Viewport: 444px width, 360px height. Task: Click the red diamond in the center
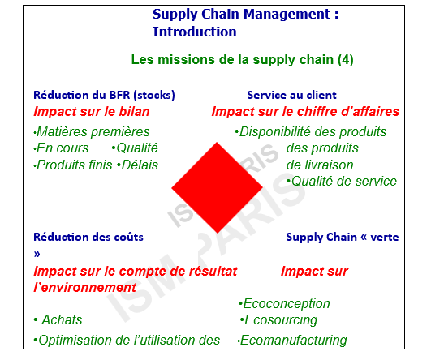[x=218, y=187]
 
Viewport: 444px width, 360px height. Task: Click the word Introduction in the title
[x=195, y=32]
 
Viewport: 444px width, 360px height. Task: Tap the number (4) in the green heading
[x=346, y=60]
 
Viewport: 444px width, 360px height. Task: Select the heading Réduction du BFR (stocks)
[x=104, y=96]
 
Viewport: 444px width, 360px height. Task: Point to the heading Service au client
[x=291, y=95]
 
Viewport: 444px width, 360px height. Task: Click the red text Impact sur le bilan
[x=92, y=111]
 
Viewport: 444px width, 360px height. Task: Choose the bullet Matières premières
[x=92, y=132]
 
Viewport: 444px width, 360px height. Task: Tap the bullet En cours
[x=61, y=148]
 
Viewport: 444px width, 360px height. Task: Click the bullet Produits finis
[x=73, y=165]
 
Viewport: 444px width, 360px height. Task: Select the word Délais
[x=140, y=165]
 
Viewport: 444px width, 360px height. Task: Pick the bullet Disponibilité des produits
[x=311, y=132]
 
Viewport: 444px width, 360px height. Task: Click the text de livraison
[x=320, y=165]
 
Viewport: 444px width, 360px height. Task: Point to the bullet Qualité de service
[x=342, y=182]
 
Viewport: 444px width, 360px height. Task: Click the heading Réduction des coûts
[x=88, y=237]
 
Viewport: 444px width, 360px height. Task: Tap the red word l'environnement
[x=85, y=288]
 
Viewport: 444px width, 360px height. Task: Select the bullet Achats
[x=58, y=320]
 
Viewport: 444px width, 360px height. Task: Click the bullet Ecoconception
[x=284, y=304]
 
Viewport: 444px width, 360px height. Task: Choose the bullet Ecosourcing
[x=278, y=320]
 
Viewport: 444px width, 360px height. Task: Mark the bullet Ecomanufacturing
[x=292, y=341]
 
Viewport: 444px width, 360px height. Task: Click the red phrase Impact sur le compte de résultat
[x=135, y=272]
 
